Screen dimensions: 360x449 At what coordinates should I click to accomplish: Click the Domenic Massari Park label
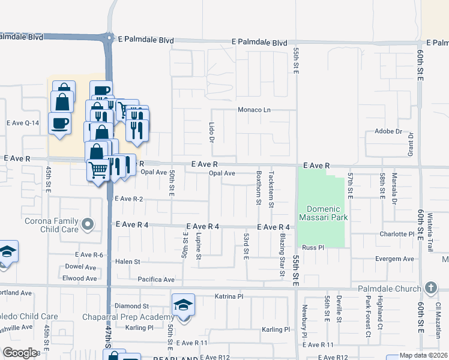pyautogui.click(x=324, y=213)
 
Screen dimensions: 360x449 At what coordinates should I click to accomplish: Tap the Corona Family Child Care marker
pyautogui.click(x=88, y=226)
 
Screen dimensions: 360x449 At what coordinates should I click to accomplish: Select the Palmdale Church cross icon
pyautogui.click(x=430, y=288)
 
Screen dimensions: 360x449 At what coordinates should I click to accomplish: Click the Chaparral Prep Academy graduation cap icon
pyautogui.click(x=183, y=305)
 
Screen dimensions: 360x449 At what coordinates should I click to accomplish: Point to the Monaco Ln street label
pyautogui.click(x=255, y=110)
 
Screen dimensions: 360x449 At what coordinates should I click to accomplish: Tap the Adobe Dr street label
pyautogui.click(x=388, y=131)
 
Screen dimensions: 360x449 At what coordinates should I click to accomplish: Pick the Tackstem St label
pyautogui.click(x=272, y=188)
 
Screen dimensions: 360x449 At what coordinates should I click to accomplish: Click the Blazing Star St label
pyautogui.click(x=282, y=255)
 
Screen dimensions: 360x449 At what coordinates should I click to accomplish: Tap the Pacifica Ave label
pyautogui.click(x=155, y=280)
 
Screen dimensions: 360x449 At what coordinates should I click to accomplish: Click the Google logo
pyautogui.click(x=20, y=352)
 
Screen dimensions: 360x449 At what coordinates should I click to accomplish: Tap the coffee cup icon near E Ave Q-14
pyautogui.click(x=59, y=123)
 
